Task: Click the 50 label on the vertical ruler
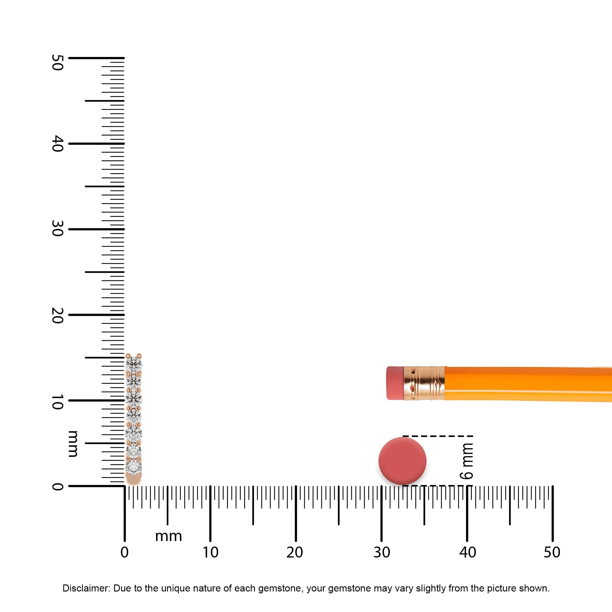57,62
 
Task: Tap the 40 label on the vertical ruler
57,144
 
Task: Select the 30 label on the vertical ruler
57,229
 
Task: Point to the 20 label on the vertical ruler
57,315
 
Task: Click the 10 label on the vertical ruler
57,402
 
